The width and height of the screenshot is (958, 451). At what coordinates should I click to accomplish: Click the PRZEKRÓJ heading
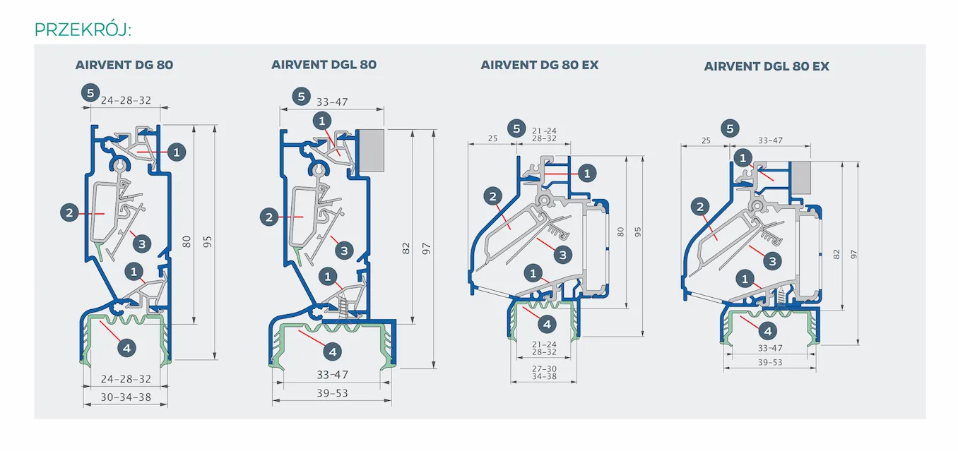click(x=83, y=30)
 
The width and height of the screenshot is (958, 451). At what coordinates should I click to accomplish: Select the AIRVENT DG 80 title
click(x=124, y=65)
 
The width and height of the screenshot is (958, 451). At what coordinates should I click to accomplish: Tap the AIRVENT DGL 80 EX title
click(x=767, y=66)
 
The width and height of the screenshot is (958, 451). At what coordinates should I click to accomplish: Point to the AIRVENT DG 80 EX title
click(x=540, y=65)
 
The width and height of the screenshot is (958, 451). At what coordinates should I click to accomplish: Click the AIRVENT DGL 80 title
click(x=324, y=64)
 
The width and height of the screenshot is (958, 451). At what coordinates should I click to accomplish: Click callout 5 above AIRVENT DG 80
click(x=89, y=92)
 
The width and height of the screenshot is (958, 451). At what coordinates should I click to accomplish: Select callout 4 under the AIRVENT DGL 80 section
click(x=332, y=350)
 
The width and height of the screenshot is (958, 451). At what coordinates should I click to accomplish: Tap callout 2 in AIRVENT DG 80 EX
click(x=493, y=196)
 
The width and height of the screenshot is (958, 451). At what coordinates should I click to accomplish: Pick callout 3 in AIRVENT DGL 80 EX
click(x=773, y=260)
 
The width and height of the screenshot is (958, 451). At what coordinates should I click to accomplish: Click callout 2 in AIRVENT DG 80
click(x=69, y=211)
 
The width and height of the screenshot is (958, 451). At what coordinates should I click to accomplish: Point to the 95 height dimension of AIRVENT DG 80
click(x=208, y=241)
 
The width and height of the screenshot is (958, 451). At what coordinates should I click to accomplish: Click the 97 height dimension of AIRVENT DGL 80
click(x=427, y=248)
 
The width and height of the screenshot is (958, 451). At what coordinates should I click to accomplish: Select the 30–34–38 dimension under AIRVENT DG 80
click(x=126, y=397)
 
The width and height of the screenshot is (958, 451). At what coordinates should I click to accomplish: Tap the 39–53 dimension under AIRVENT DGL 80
click(x=332, y=393)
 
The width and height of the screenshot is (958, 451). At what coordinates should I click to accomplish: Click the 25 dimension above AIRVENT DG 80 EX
click(x=492, y=138)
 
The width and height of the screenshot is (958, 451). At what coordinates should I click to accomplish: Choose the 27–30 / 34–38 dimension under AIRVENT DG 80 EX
click(x=544, y=372)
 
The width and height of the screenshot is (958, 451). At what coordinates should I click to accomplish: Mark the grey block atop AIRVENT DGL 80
click(x=373, y=150)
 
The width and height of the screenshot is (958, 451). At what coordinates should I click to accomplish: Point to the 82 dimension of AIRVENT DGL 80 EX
click(x=837, y=253)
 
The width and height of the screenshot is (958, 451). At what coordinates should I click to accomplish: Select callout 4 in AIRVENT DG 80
click(x=126, y=347)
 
